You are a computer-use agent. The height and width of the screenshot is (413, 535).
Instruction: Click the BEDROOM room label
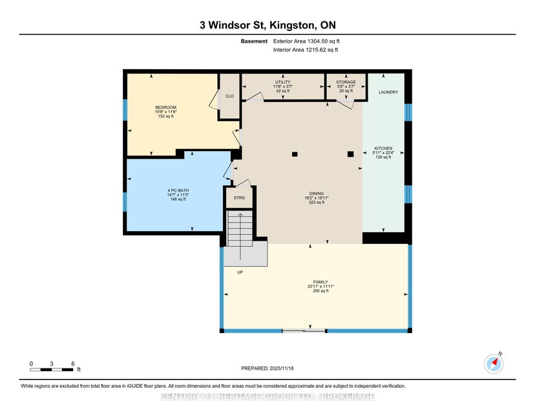tap(166, 107)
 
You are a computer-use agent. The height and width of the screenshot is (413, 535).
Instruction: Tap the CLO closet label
tap(229, 96)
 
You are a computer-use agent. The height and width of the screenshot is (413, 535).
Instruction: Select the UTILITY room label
tap(283, 82)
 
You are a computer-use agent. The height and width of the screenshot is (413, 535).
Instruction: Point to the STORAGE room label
tap(346, 82)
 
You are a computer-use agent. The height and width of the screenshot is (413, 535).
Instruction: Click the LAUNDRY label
tap(388, 92)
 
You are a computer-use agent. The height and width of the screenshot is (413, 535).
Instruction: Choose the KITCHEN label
tap(383, 148)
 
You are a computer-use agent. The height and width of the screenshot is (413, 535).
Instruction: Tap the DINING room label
tap(317, 193)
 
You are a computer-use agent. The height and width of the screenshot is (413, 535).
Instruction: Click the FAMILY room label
tap(320, 282)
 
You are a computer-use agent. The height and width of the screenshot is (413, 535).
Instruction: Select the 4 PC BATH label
tap(178, 190)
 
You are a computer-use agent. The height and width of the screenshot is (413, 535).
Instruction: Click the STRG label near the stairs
tap(239, 197)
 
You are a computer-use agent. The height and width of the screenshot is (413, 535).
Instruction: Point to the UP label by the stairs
tap(240, 272)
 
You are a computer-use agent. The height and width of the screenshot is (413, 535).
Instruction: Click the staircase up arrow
tap(240, 236)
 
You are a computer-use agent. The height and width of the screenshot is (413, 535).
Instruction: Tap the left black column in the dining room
tap(295, 154)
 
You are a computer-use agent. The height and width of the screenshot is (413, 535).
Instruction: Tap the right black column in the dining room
tap(350, 154)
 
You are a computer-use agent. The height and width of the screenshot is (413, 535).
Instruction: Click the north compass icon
tap(494, 363)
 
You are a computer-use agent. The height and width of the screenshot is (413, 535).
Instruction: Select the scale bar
tap(52, 369)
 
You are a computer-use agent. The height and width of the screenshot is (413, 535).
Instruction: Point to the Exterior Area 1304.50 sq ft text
tap(306, 41)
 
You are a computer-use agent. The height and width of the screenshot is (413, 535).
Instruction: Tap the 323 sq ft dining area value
tap(317, 202)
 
